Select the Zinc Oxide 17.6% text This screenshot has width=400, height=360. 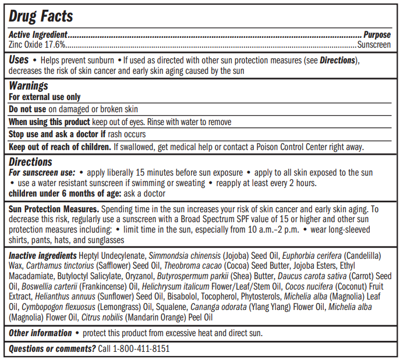tap(37, 44)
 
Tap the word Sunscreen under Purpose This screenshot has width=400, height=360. tap(374, 44)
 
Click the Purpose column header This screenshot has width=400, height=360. tap(377, 35)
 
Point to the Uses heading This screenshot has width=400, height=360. tap(19, 60)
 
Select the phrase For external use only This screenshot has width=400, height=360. tap(44, 97)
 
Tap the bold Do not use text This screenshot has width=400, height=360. tap(27, 109)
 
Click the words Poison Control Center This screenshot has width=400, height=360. tap(291, 147)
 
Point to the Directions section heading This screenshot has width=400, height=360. tap(30, 162)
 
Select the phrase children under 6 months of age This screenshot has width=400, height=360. tap(65, 193)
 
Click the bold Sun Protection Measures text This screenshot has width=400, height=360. tap(54, 209)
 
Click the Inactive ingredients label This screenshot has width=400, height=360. tap(43, 255)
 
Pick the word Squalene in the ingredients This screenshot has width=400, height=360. tap(171, 308)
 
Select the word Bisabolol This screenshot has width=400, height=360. tap(186, 297)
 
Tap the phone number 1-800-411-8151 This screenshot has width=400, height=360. tap(141, 348)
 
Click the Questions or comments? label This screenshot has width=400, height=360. tap(52, 348)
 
